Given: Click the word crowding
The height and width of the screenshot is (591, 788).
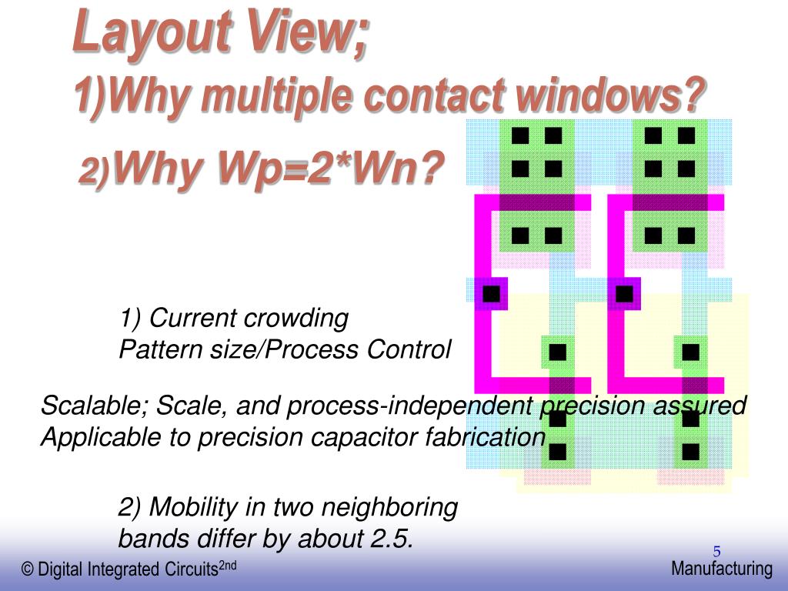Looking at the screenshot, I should pos(296,318).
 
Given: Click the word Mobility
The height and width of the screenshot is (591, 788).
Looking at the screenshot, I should pos(202,507).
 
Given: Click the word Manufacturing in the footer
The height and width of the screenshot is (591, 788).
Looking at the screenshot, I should pos(721,569).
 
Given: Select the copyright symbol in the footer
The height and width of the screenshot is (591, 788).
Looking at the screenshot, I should pos(28,570).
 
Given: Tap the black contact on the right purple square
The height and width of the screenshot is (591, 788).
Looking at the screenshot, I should pos(624,293).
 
